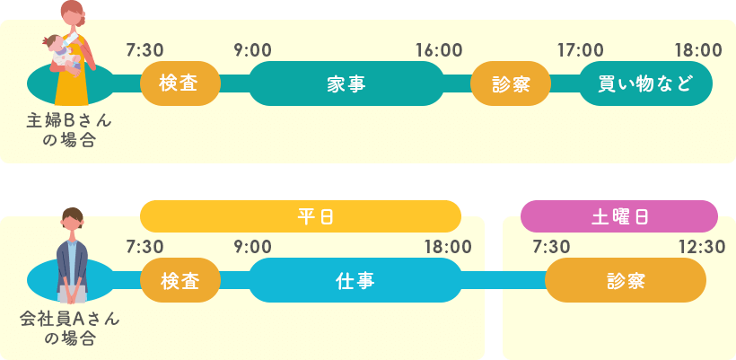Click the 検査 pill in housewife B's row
[x=180, y=83]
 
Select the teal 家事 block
[x=346, y=83]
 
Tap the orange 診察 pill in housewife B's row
[x=510, y=83]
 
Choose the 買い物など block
[x=645, y=83]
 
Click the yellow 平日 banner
[x=301, y=216]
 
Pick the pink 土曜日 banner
[x=618, y=216]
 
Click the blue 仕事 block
[x=355, y=280]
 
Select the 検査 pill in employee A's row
[x=180, y=280]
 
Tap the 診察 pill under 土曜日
[x=625, y=280]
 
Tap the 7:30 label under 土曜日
[x=551, y=247]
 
